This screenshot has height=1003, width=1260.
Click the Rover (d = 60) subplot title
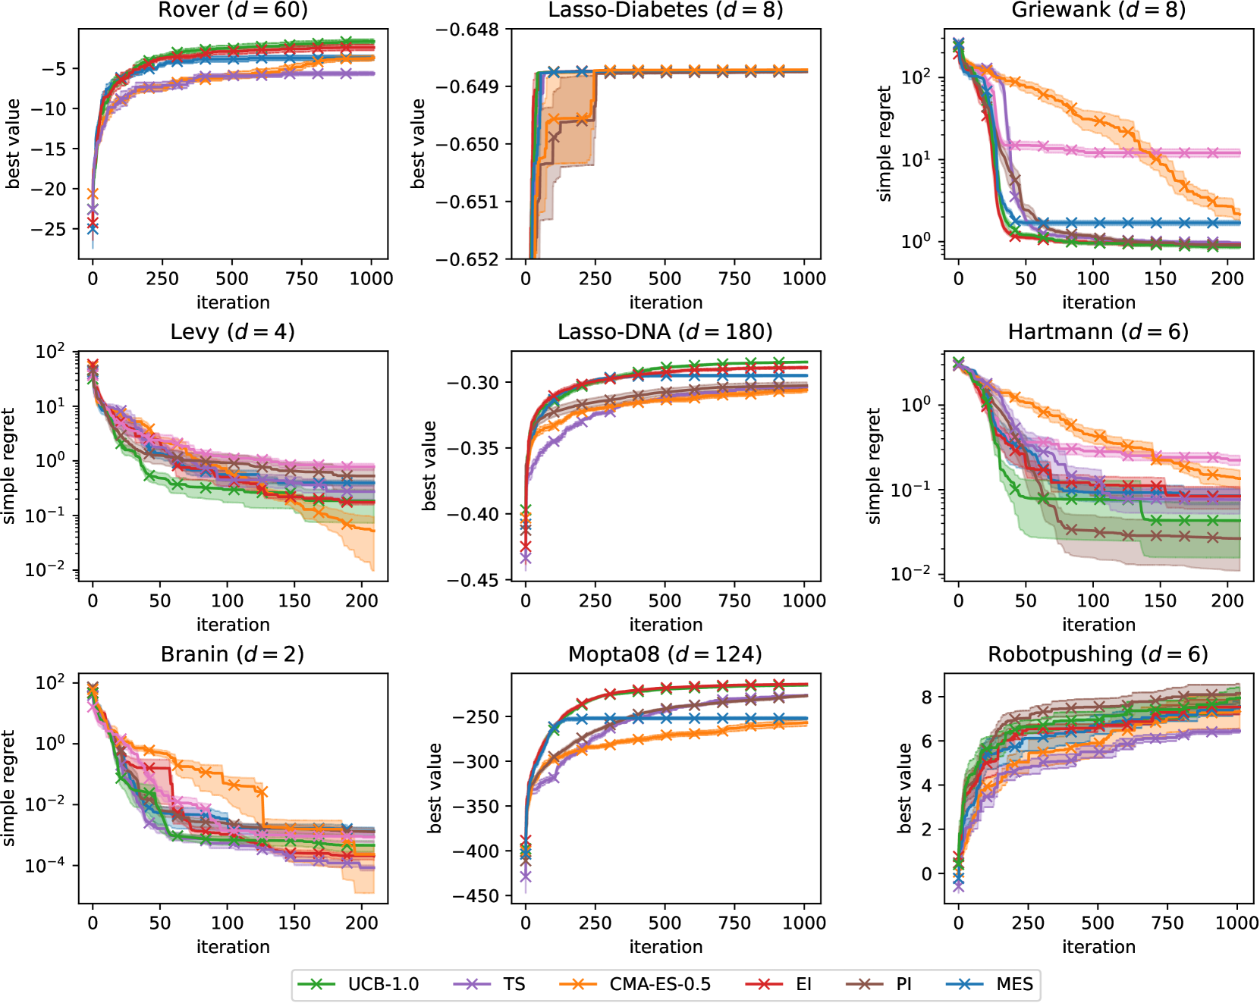[x=233, y=10]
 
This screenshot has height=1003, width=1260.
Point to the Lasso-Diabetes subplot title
[x=665, y=10]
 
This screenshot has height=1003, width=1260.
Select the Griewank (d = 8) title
[x=1098, y=10]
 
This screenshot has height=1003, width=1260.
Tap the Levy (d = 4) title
[x=233, y=331]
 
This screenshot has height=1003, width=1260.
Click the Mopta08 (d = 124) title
[x=665, y=654]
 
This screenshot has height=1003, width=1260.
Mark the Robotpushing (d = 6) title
[x=1098, y=654]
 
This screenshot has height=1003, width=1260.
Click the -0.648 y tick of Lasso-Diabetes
[x=468, y=30]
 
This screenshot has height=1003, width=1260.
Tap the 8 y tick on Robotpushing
[x=927, y=697]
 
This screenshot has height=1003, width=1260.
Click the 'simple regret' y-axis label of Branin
[x=9, y=788]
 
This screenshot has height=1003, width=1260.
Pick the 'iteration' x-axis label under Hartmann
[x=1098, y=625]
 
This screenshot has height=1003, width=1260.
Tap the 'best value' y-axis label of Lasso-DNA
[x=430, y=465]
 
